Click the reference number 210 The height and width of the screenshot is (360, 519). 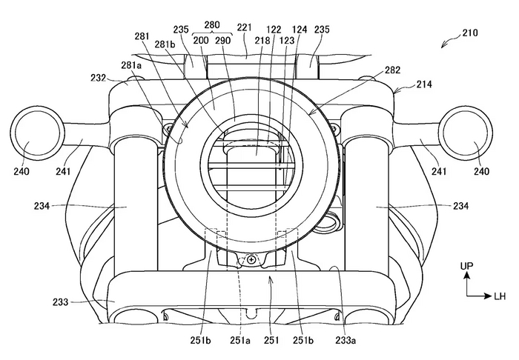coord(470,33)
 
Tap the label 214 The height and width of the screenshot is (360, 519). coord(424,84)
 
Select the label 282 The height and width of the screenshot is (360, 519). coord(392,70)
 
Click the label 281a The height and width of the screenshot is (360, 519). coord(132,65)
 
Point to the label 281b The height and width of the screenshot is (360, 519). coord(165,44)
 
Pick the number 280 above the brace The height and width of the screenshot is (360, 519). coord(212,24)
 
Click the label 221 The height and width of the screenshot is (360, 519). coord(244,27)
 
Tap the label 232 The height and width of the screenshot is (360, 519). coord(99,78)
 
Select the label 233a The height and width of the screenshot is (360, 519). coord(346,340)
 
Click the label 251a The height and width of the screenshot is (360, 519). coord(240,340)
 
